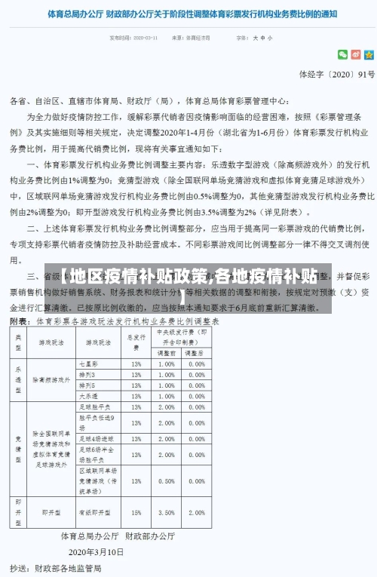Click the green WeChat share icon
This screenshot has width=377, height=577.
pyautogui.click(x=343, y=54)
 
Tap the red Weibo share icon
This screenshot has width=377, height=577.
pyautogui.click(x=356, y=54)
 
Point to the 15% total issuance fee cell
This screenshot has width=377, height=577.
pyautogui.click(x=136, y=512)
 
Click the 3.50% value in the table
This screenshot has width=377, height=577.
pyautogui.click(x=167, y=512)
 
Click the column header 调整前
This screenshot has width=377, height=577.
pyautogui.click(x=167, y=353)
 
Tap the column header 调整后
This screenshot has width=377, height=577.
pyautogui.click(x=196, y=353)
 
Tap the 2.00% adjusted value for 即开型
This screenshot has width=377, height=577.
pyautogui.click(x=196, y=512)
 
